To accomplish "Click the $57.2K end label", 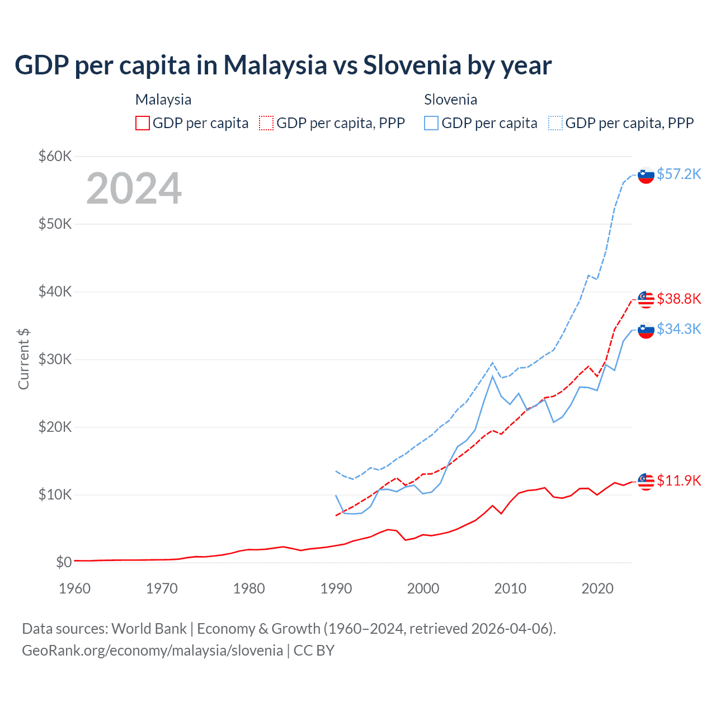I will pyautogui.click(x=679, y=174).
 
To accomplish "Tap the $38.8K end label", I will pyautogui.click(x=679, y=299).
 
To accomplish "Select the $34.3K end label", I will pyautogui.click(x=679, y=329).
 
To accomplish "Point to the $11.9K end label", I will pyautogui.click(x=679, y=481).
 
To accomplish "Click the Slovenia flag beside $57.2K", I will pyautogui.click(x=646, y=176).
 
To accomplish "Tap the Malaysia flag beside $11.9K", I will pyautogui.click(x=646, y=482).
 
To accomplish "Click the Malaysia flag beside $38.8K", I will pyautogui.click(x=646, y=300).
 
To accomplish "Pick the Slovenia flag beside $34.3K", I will pyautogui.click(x=646, y=331).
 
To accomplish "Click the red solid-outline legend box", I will pyautogui.click(x=143, y=123).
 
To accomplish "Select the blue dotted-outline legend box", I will pyautogui.click(x=555, y=123).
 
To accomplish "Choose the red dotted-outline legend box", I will pyautogui.click(x=266, y=123).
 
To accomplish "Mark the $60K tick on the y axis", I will pyautogui.click(x=55, y=156).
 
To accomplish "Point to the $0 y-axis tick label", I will pyautogui.click(x=64, y=562).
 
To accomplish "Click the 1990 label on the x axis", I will pyautogui.click(x=336, y=588).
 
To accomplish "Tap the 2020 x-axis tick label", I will pyautogui.click(x=597, y=588).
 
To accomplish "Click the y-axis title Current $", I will pyautogui.click(x=23, y=359).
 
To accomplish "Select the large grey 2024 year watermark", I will pyautogui.click(x=134, y=189).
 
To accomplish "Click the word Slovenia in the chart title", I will pyautogui.click(x=412, y=65).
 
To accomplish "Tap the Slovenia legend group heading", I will pyautogui.click(x=450, y=100).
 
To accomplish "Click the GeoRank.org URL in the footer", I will pyautogui.click(x=152, y=651).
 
